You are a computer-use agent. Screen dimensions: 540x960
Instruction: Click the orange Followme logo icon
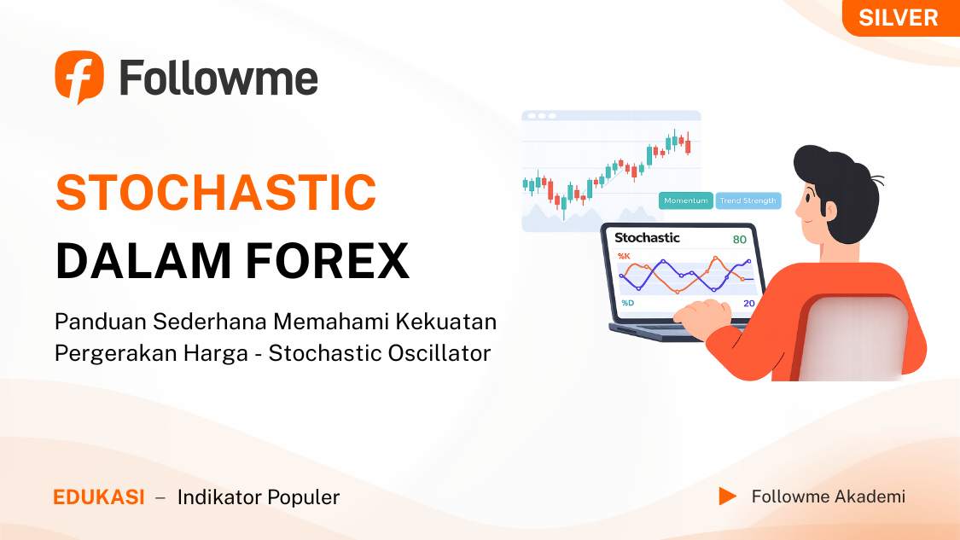tap(79, 77)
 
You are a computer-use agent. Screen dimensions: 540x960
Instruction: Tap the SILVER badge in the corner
tap(898, 17)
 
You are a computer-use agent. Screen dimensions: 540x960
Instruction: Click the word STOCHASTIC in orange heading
tap(216, 193)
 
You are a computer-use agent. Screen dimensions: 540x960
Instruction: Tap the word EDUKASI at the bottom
tap(99, 497)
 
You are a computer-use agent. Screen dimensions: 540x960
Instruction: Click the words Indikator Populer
tap(258, 497)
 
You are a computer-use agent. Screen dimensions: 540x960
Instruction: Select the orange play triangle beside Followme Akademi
tap(727, 496)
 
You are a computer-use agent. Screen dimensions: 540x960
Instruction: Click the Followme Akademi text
tap(828, 496)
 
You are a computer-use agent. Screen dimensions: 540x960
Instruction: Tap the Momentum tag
tap(686, 200)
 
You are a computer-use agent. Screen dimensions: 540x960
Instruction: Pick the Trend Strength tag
tap(748, 200)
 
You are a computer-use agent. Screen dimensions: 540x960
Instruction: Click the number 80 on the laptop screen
tap(739, 240)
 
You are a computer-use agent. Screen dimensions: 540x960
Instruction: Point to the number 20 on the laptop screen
tap(748, 303)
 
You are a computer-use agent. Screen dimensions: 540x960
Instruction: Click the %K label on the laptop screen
tap(624, 256)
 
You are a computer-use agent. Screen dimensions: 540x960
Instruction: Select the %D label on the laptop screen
tap(627, 303)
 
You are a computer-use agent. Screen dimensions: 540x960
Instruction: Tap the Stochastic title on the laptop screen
tap(647, 237)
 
